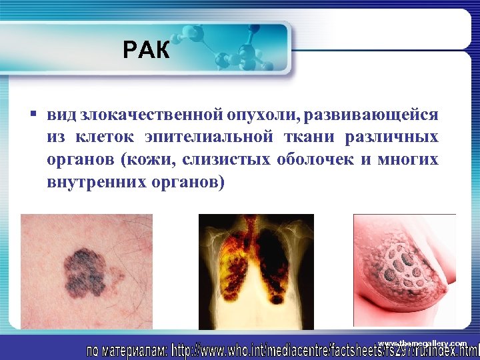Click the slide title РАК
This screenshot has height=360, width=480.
click(147, 49)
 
